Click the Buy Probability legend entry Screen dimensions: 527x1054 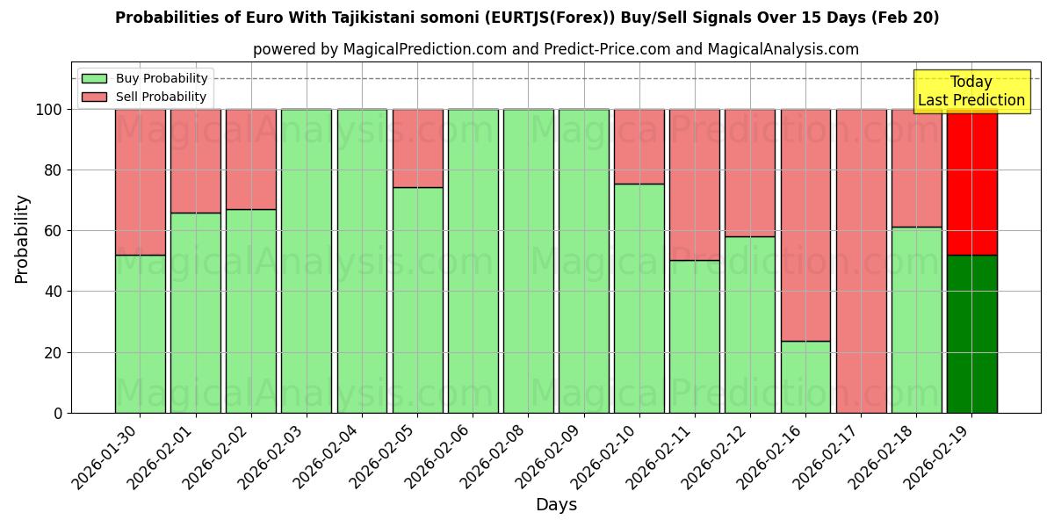pyautogui.click(x=144, y=78)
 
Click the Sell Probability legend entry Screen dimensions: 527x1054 pyautogui.click(x=144, y=97)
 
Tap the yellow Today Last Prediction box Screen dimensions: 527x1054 pyautogui.click(x=971, y=91)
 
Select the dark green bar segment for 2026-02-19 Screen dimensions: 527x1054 pyautogui.click(x=971, y=334)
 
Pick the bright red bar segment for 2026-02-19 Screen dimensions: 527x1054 pyautogui.click(x=971, y=182)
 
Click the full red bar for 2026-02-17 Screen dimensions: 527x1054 pyautogui.click(x=861, y=261)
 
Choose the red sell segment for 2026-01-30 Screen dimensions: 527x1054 pyautogui.click(x=140, y=182)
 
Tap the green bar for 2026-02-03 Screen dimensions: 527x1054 pyautogui.click(x=307, y=261)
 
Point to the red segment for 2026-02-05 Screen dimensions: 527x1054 pyautogui.click(x=417, y=148)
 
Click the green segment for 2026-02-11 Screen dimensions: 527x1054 pyautogui.click(x=694, y=336)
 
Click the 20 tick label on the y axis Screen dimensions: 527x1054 pyautogui.click(x=54, y=353)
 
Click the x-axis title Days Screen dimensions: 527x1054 pyautogui.click(x=556, y=505)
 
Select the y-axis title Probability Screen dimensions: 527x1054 pyautogui.click(x=22, y=238)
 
